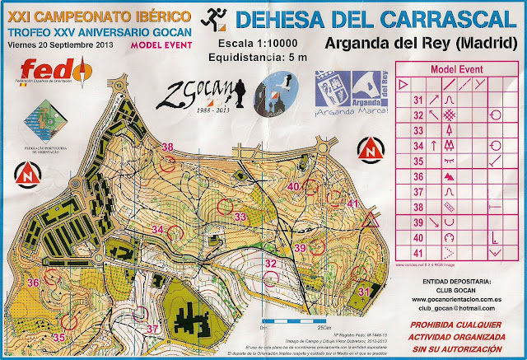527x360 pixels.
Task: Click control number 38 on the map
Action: pos(168,147)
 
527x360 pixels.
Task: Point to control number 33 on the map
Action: pos(240,217)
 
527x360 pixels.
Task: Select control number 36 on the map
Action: pos(34,283)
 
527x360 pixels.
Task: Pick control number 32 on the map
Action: pos(270,264)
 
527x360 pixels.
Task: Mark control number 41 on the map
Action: pos(353,203)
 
